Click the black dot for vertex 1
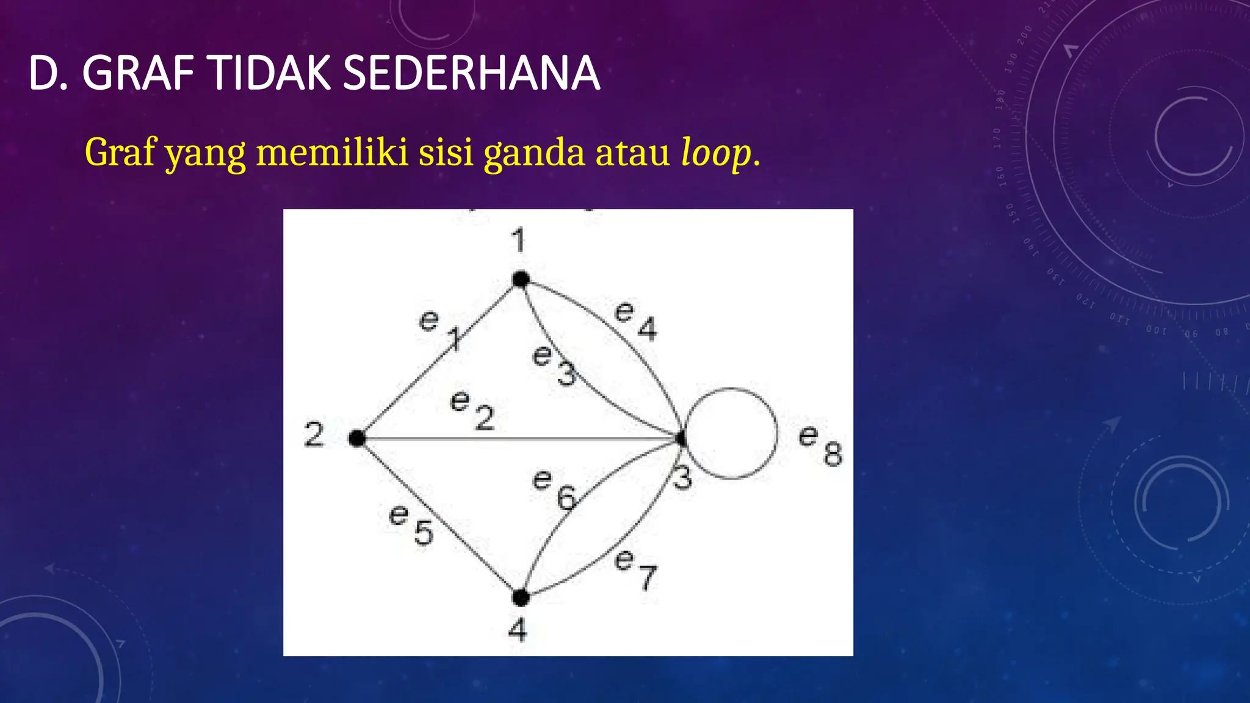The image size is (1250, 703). pyautogui.click(x=521, y=279)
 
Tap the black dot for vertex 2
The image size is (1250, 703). pyautogui.click(x=357, y=438)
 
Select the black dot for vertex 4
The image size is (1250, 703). pyautogui.click(x=521, y=597)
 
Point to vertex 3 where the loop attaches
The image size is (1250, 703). pyautogui.click(x=681, y=438)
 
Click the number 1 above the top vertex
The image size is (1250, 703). pyautogui.click(x=518, y=240)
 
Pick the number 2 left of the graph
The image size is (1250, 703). pyautogui.click(x=314, y=435)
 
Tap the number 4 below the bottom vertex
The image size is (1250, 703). pyautogui.click(x=518, y=629)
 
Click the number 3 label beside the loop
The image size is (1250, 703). pyautogui.click(x=682, y=478)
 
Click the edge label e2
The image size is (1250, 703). pyautogui.click(x=472, y=410)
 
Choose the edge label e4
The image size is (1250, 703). pyautogui.click(x=635, y=320)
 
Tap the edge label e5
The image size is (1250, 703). pyautogui.click(x=411, y=524)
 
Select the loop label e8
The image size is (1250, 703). pyautogui.click(x=820, y=445)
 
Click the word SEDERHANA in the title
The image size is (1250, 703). pyautogui.click(x=471, y=73)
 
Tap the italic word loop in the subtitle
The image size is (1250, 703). pyautogui.click(x=716, y=153)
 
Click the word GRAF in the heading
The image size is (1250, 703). pyautogui.click(x=138, y=73)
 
